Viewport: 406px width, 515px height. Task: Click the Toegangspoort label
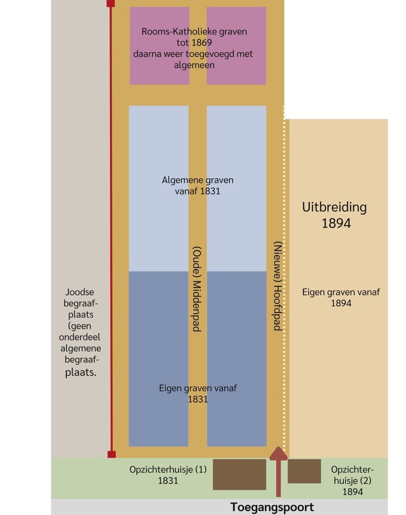tap(272, 508)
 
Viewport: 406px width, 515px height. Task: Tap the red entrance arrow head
tap(279, 454)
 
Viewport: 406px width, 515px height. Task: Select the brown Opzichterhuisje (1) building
tap(239, 474)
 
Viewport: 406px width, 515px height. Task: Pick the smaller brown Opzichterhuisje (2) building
tap(304, 471)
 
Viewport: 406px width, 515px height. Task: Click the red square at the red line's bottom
tap(112, 454)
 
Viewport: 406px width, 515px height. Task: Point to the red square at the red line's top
tap(110, 3)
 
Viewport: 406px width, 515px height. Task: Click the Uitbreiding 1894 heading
tap(334, 214)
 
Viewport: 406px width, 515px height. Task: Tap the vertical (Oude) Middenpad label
tap(196, 288)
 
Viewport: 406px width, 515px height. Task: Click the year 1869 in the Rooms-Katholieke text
tap(203, 43)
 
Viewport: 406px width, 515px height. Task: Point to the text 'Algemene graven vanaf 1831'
tap(197, 185)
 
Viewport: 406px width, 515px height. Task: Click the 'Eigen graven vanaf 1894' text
tap(340, 297)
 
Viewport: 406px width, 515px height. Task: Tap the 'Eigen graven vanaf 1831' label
tap(198, 394)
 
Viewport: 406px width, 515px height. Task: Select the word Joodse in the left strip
tap(79, 292)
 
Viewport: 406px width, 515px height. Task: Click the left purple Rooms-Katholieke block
tap(159, 46)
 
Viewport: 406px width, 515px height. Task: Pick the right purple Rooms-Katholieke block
tap(236, 46)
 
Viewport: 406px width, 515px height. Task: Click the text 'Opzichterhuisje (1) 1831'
tap(168, 474)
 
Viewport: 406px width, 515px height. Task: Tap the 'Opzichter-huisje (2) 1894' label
tap(353, 480)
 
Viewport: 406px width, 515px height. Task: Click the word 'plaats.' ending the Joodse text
tap(81, 372)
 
